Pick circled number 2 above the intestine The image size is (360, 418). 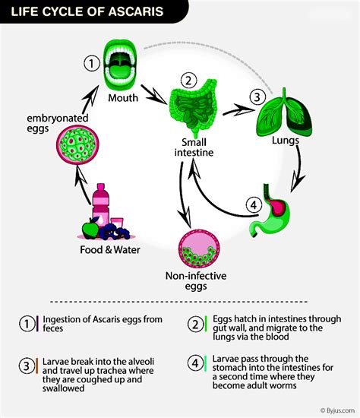(x=189, y=78)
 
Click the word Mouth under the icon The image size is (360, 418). (x=123, y=97)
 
